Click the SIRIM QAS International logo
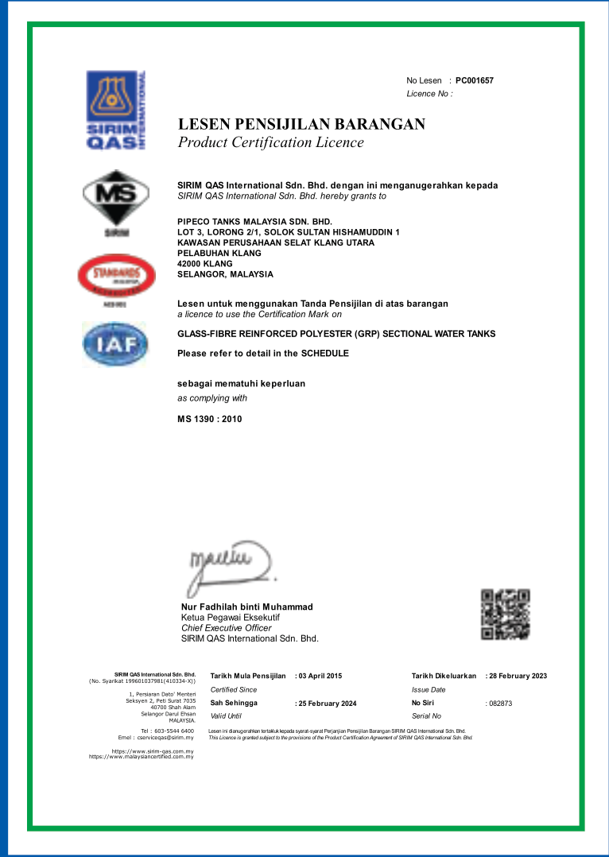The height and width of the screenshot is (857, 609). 116,110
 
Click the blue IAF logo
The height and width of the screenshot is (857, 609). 116,344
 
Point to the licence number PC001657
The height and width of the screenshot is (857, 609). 475,81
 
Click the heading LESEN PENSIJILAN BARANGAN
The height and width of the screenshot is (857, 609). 301,124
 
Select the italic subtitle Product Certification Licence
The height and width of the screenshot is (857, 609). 270,143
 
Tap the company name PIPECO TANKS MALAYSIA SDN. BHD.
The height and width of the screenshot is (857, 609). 254,221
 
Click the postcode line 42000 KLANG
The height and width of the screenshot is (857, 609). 205,264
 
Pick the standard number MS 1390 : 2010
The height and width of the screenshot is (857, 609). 209,419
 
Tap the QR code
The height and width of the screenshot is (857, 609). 506,614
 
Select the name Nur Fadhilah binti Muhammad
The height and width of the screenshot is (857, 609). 247,607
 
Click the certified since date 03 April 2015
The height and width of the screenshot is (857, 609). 320,676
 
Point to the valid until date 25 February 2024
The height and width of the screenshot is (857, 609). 327,704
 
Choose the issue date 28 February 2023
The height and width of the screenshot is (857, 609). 518,676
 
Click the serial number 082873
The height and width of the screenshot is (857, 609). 500,704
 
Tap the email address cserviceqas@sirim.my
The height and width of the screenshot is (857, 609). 165,737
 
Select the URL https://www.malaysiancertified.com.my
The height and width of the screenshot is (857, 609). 142,756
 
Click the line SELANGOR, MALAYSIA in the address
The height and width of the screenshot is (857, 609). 225,274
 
